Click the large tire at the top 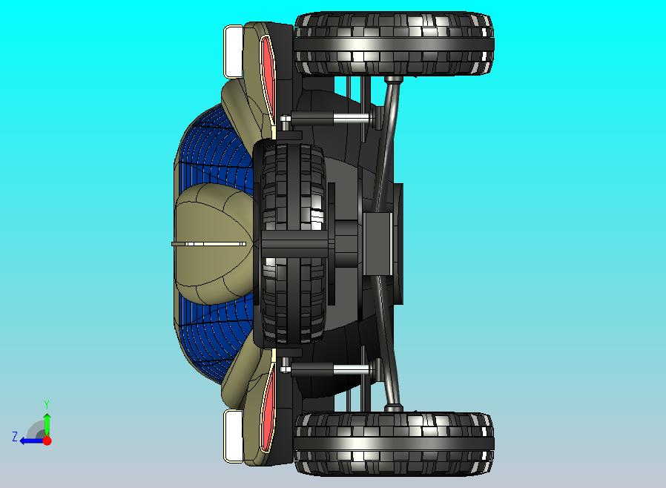pos(394,44)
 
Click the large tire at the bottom pos(394,444)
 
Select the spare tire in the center pos(293,244)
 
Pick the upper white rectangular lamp pos(233,51)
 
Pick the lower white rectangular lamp pos(233,436)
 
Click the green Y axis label pos(47,404)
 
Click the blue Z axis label pos(15,437)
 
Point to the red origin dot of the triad pos(47,441)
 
